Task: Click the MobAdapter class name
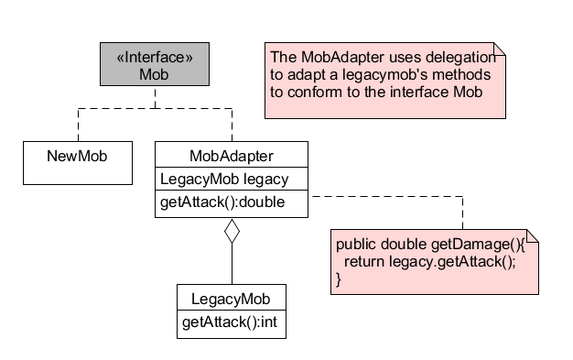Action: click(x=231, y=155)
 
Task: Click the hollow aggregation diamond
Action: click(x=232, y=233)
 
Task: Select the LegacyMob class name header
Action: click(x=231, y=299)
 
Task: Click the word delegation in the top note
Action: click(x=455, y=56)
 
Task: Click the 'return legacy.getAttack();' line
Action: click(x=429, y=262)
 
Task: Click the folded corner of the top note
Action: click(x=498, y=49)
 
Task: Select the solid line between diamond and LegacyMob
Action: click(x=232, y=266)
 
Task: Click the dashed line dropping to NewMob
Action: click(x=77, y=124)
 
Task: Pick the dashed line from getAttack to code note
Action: click(x=394, y=194)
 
